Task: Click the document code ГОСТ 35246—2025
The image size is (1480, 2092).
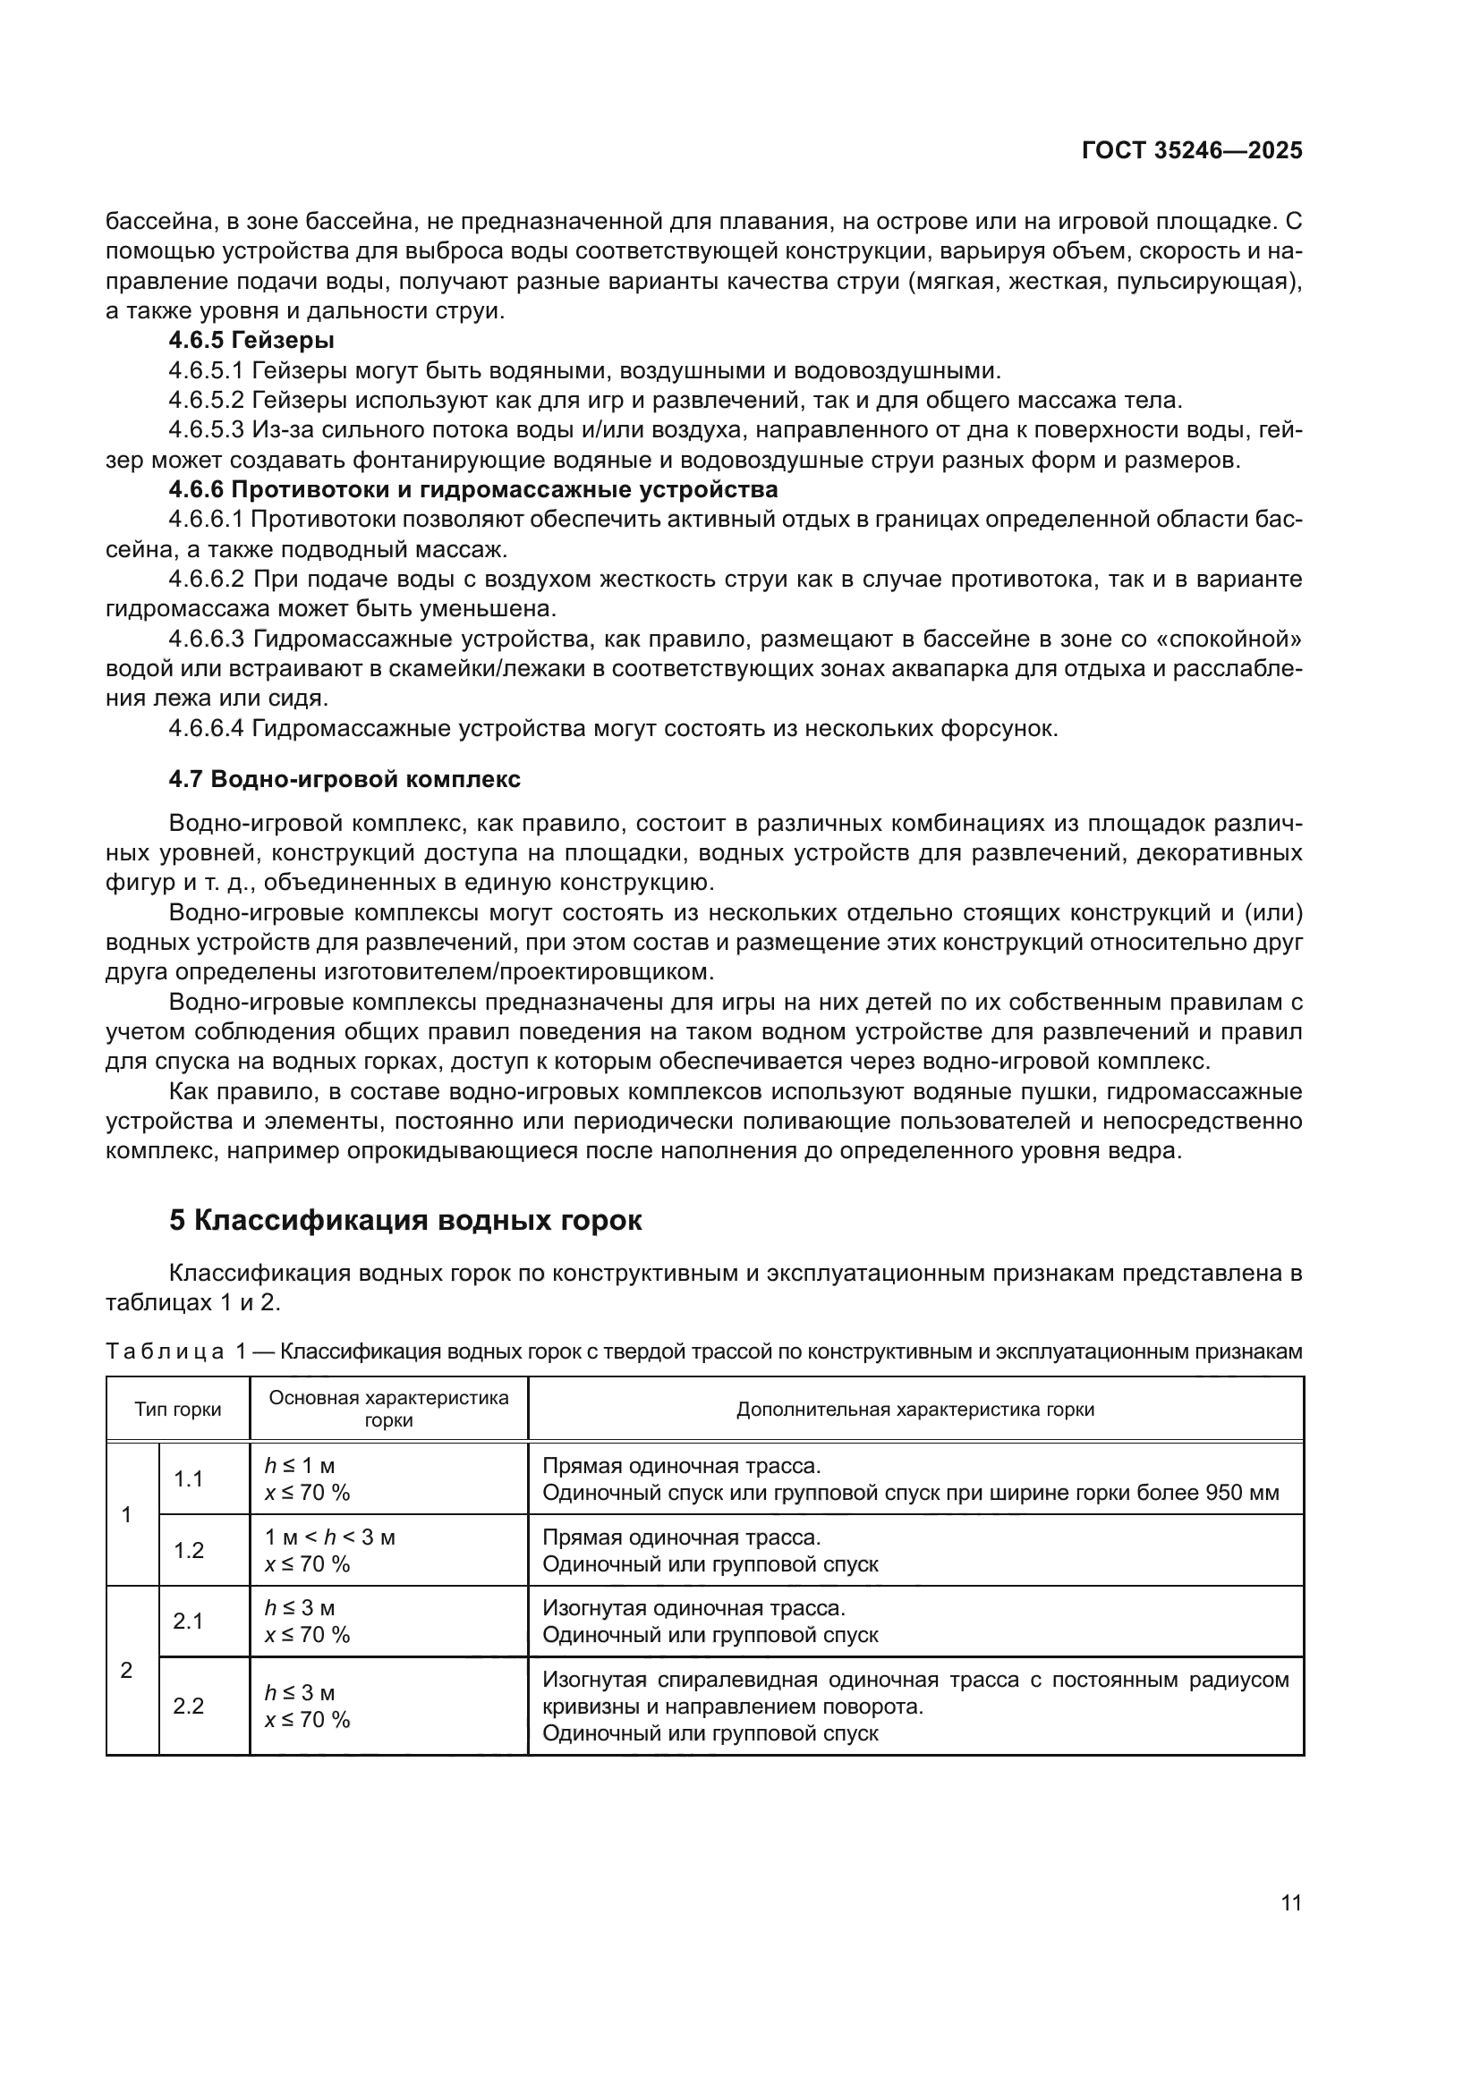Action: tap(1191, 150)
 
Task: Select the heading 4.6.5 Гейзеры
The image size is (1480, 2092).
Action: tap(251, 341)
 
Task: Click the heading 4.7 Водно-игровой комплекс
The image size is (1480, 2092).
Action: tap(344, 779)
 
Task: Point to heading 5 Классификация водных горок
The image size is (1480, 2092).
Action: tap(405, 1220)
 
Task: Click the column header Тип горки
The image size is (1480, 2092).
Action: tap(178, 1410)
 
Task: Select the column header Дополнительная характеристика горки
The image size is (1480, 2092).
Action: tap(915, 1410)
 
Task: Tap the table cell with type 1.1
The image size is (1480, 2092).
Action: tap(189, 1478)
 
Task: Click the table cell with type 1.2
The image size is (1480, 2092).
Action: tap(189, 1550)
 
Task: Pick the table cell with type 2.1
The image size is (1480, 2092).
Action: tap(189, 1621)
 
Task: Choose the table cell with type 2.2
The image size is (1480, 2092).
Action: tap(189, 1706)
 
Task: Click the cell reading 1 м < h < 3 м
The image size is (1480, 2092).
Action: tap(330, 1537)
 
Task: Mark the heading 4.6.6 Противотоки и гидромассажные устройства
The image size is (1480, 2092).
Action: tap(473, 489)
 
